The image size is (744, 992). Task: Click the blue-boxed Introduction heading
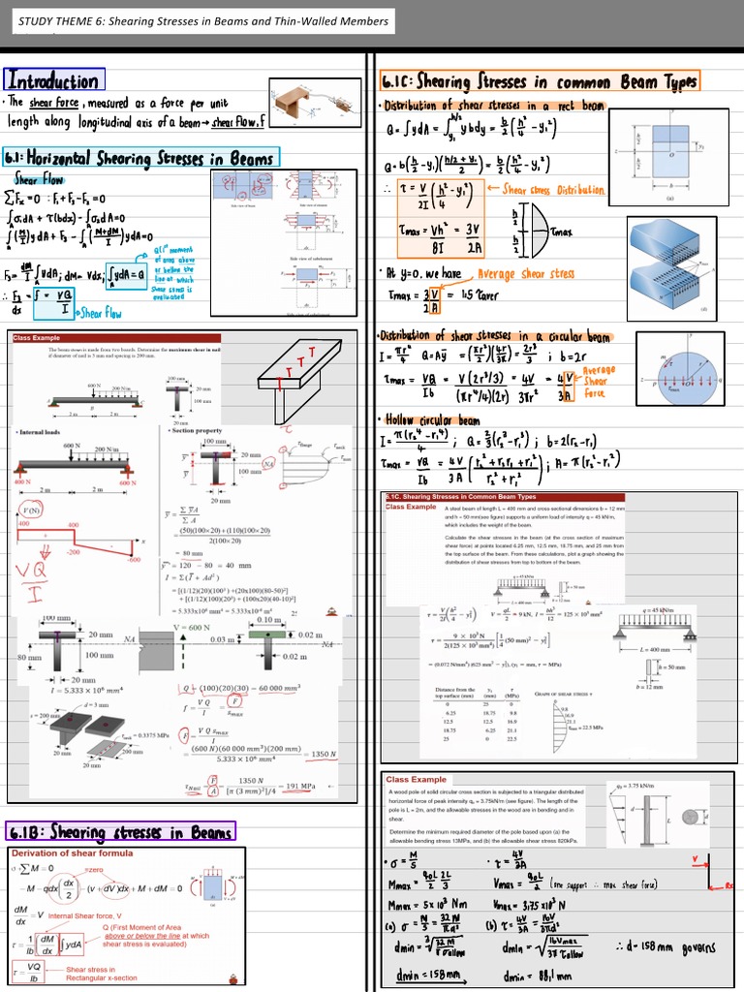pyautogui.click(x=54, y=80)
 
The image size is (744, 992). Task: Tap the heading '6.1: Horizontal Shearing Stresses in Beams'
pyautogui.click(x=141, y=157)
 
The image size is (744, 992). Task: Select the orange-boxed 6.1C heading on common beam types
pyautogui.click(x=539, y=82)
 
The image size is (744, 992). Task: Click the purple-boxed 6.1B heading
pyautogui.click(x=121, y=832)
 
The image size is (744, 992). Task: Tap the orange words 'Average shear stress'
pyautogui.click(x=525, y=274)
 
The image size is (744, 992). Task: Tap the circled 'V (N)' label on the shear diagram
pyautogui.click(x=32, y=510)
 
